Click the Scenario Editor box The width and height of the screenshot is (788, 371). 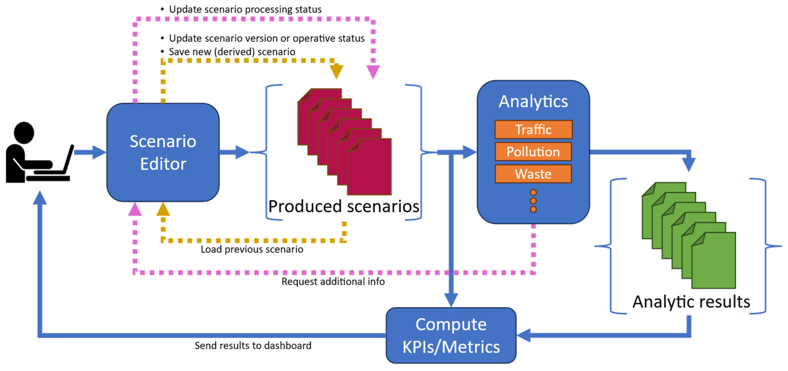(x=163, y=152)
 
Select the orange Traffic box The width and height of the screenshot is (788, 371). (x=533, y=129)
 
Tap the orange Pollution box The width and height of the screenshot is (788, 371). (x=533, y=152)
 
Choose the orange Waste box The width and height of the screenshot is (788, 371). (x=533, y=174)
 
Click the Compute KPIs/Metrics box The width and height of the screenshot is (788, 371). (x=451, y=335)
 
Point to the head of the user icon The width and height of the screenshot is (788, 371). (x=24, y=132)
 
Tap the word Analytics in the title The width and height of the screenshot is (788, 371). (x=533, y=101)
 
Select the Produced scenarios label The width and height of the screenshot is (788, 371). (x=344, y=206)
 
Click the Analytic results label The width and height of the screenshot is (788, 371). (x=691, y=302)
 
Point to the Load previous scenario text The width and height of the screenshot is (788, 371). (x=252, y=249)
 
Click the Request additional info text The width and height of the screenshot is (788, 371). (x=333, y=281)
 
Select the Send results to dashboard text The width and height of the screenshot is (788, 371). (x=253, y=345)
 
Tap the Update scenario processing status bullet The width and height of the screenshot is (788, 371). (x=245, y=9)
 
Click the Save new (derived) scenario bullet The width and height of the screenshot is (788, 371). (x=232, y=52)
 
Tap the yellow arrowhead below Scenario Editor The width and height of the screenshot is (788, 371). (x=163, y=209)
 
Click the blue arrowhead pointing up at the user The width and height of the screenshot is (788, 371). (x=40, y=198)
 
